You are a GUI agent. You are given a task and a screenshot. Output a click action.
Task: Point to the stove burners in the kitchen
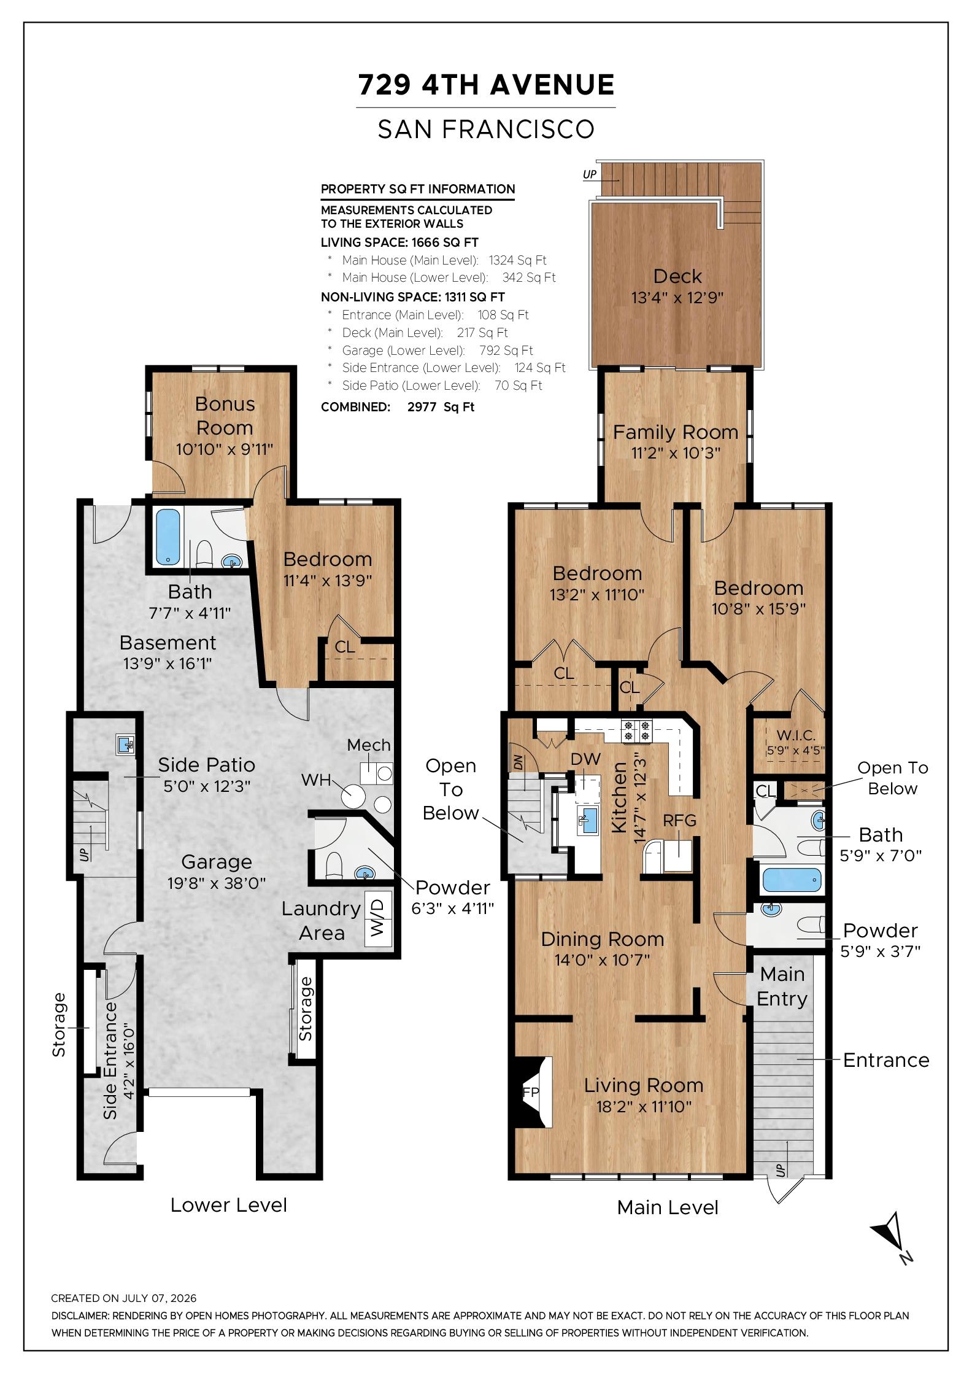pyautogui.click(x=636, y=730)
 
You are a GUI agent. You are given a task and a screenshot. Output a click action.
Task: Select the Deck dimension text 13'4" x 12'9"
pyautogui.click(x=677, y=298)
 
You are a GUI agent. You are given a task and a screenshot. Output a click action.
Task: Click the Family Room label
pyautogui.click(x=676, y=432)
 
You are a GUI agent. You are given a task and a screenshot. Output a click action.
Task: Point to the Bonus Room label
pyautogui.click(x=225, y=416)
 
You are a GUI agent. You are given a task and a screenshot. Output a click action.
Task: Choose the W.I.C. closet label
pyautogui.click(x=796, y=735)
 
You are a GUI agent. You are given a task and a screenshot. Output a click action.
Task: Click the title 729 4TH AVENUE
pyautogui.click(x=486, y=85)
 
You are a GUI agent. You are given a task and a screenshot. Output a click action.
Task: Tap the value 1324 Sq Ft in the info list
pyautogui.click(x=517, y=260)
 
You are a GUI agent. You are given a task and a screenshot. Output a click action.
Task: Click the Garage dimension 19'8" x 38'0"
pyautogui.click(x=217, y=883)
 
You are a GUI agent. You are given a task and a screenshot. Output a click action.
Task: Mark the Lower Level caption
pyautogui.click(x=228, y=1205)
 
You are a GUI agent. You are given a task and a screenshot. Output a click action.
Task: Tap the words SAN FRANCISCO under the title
pyautogui.click(x=486, y=129)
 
